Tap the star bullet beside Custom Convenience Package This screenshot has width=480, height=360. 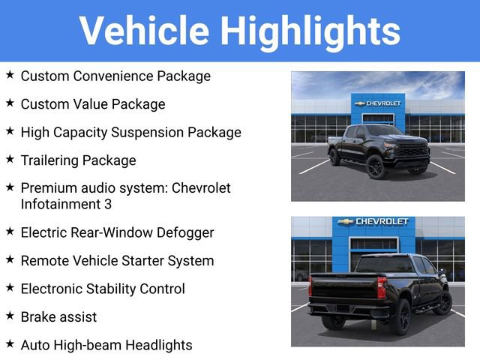10,75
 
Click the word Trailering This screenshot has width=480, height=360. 49,160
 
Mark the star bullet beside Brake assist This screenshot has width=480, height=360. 10,316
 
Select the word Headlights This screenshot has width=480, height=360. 159,345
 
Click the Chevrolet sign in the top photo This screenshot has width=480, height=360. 378,103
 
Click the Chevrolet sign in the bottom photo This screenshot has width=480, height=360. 373,222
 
